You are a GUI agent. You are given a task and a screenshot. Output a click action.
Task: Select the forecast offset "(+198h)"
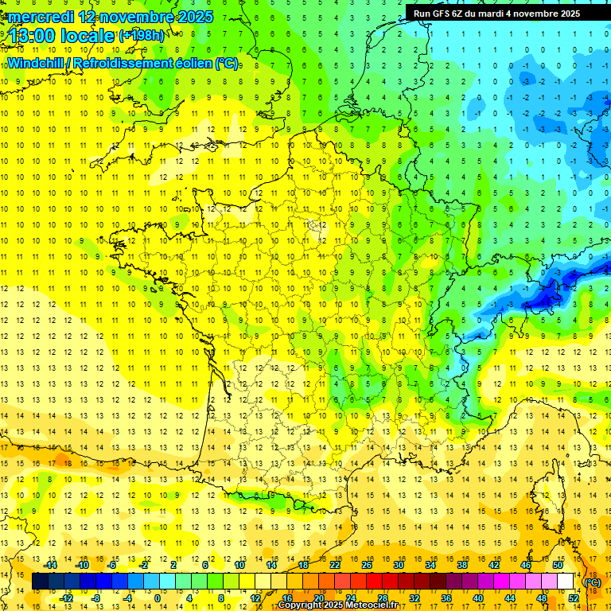(x=142, y=35)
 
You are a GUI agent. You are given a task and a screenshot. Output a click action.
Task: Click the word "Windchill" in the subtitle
(x=37, y=63)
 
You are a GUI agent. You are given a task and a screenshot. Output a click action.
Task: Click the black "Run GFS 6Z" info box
(x=496, y=14)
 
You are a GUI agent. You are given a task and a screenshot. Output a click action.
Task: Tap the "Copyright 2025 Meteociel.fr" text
(x=337, y=605)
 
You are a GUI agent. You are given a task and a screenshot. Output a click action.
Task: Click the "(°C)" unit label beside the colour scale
(x=592, y=582)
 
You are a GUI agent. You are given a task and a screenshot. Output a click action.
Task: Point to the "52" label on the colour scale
(x=574, y=597)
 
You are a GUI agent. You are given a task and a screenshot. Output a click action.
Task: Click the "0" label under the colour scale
(x=158, y=597)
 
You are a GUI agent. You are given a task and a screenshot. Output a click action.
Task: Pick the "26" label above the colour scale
(x=367, y=565)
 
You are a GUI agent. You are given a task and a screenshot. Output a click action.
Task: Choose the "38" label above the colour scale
(x=462, y=565)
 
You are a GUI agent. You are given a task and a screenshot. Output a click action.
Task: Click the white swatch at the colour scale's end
(x=566, y=582)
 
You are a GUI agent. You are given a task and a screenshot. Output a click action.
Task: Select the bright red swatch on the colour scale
(x=375, y=582)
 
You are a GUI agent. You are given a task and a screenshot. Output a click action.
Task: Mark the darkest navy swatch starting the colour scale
(x=41, y=582)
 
